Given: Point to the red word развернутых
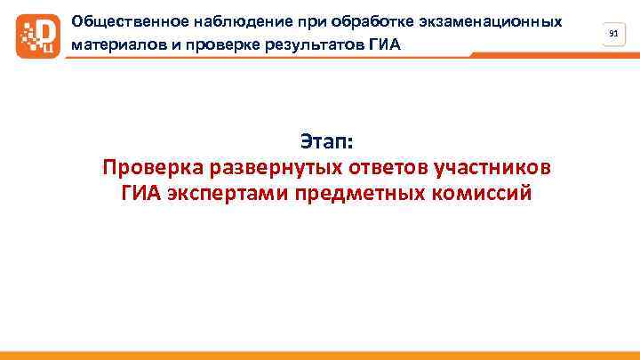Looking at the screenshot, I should point(268,167).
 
